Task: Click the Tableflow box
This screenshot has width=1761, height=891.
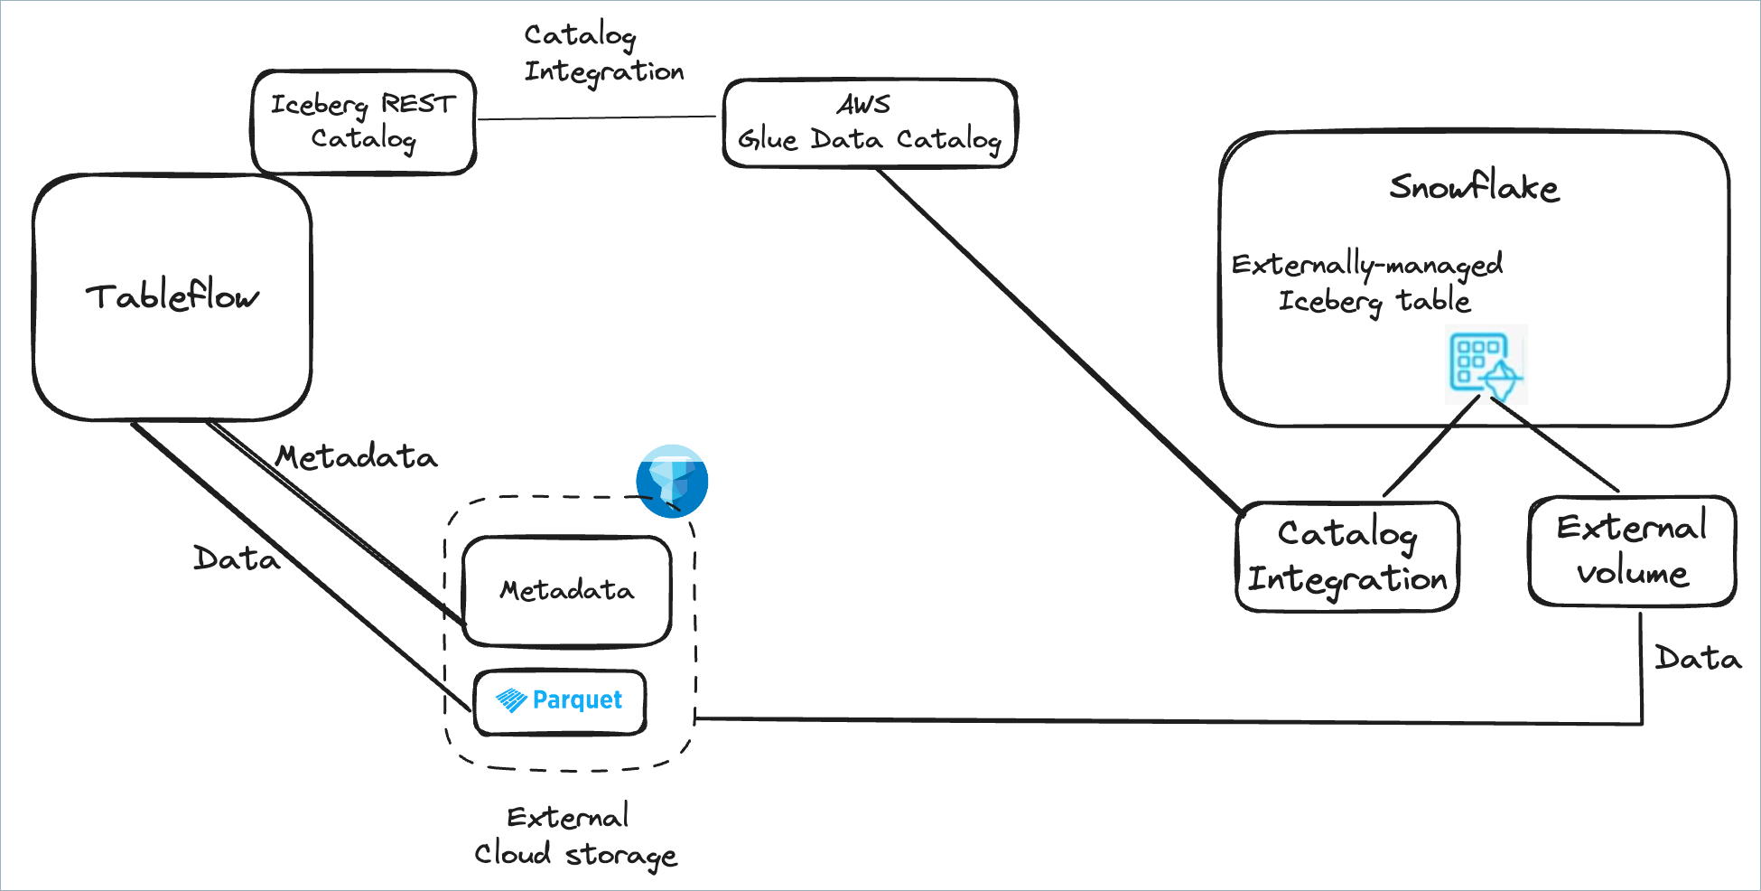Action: coord(172,297)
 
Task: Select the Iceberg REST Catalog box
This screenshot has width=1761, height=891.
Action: coord(363,122)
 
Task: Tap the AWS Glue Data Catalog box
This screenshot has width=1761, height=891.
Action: coord(870,124)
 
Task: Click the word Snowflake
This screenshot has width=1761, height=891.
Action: coord(1474,187)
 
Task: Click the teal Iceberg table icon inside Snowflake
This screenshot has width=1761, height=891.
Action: coord(1486,364)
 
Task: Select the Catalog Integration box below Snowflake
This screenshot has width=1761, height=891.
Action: coord(1346,557)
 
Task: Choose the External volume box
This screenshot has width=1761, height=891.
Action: coord(1632,550)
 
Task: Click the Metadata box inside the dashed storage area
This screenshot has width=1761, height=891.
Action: coord(567,591)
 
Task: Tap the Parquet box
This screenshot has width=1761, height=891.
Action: coord(560,701)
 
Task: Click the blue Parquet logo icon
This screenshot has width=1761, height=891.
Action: coord(511,700)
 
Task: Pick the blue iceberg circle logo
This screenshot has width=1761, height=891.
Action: coord(672,481)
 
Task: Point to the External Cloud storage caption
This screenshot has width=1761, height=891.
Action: coord(574,836)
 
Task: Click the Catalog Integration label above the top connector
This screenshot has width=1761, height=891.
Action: coord(603,53)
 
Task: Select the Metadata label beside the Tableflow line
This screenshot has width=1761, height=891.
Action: coord(357,457)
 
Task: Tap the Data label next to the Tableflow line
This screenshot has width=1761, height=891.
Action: coord(237,559)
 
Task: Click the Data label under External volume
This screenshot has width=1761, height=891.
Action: coord(1698,659)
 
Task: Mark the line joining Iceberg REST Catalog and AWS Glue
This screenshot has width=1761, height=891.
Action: coord(596,117)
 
